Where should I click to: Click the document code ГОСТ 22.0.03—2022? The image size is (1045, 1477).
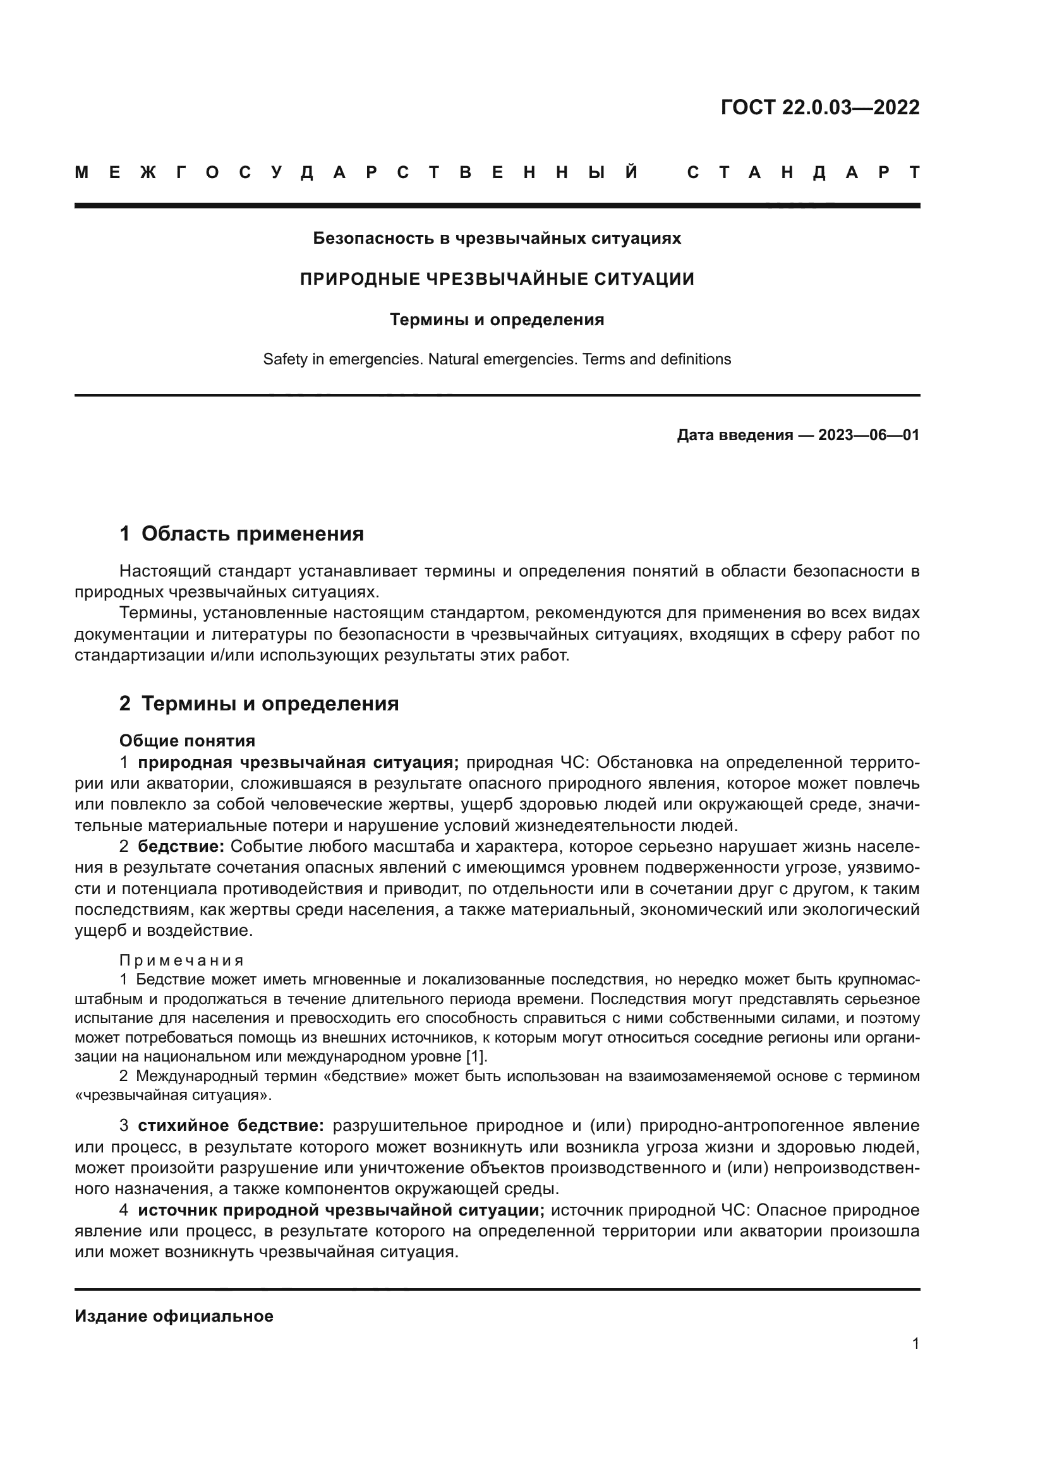click(x=820, y=107)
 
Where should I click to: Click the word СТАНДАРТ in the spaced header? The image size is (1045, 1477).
click(x=803, y=172)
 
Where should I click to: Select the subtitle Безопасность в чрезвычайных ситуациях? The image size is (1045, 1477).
click(x=497, y=239)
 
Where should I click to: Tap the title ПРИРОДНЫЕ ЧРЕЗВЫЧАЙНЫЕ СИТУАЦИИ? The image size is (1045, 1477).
click(x=497, y=279)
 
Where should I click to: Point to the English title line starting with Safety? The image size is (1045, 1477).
click(x=497, y=359)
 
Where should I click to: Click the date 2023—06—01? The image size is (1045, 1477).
click(x=868, y=436)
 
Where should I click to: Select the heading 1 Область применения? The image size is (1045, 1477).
click(x=241, y=534)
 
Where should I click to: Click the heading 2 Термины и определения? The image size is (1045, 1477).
click(x=258, y=703)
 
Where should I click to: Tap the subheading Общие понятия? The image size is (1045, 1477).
click(x=187, y=741)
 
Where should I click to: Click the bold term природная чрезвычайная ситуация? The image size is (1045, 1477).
click(x=298, y=763)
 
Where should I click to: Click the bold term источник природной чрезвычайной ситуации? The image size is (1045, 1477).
click(x=341, y=1210)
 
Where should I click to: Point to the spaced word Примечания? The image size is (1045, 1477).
click(x=181, y=961)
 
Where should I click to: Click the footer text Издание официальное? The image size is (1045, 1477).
click(x=174, y=1316)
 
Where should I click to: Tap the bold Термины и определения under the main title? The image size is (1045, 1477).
click(x=497, y=320)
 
